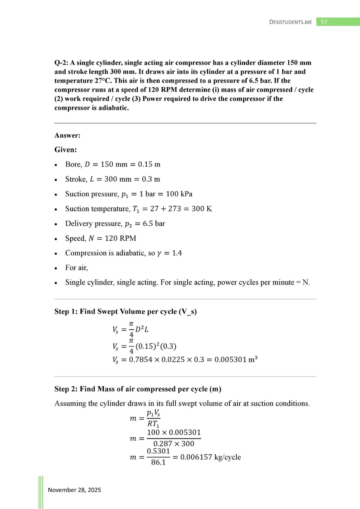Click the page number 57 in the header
[324, 22]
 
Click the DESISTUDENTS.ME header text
[290, 22]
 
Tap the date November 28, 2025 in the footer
[75, 490]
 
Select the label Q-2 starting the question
[61, 63]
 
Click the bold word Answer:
[67, 135]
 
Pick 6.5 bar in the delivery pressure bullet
[154, 223]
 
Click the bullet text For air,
[77, 268]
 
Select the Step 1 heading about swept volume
[125, 311]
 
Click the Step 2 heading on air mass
[138, 389]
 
